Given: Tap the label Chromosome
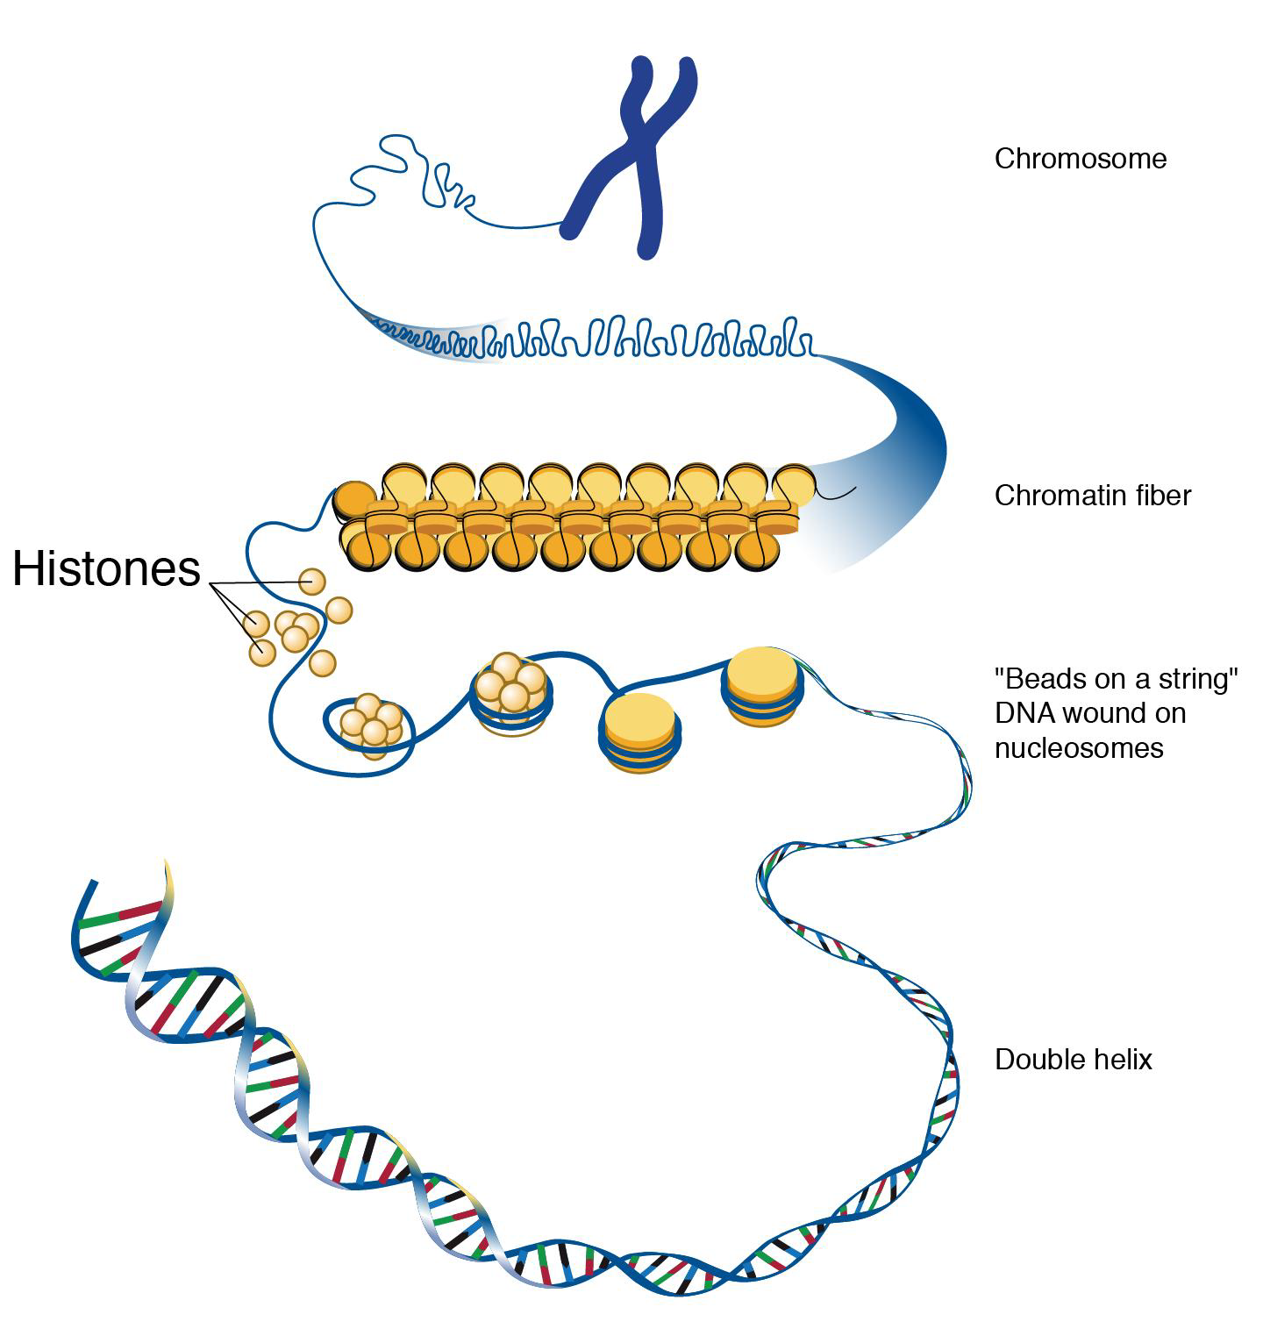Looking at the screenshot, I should coord(1080,159).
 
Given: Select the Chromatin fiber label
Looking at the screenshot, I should coord(1092,496).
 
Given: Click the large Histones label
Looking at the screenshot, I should coord(106,568).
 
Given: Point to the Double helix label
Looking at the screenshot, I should coord(1073,1060).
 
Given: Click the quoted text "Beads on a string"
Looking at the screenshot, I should coord(1116,679).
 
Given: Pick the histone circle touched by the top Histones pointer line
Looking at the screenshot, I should coord(311,582).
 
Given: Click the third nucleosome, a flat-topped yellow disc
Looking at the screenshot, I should coord(641,728).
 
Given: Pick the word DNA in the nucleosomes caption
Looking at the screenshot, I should coord(1024,713).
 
